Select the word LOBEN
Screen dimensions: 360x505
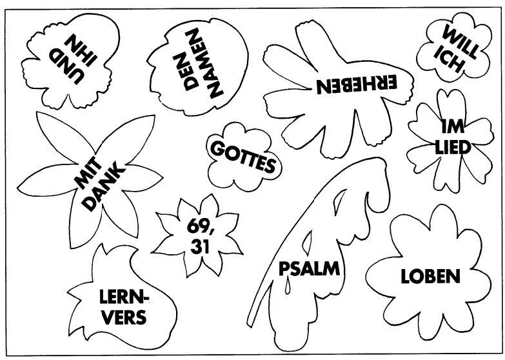point(430,277)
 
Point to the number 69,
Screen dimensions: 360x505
point(199,226)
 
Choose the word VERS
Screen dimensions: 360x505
point(123,317)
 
